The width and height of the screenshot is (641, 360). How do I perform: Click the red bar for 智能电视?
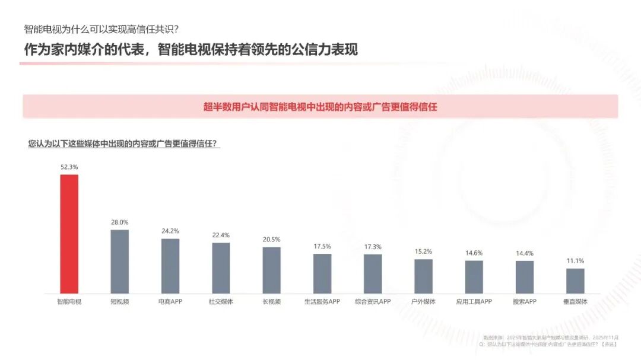[69, 234]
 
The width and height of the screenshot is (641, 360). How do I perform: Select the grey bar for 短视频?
[120, 262]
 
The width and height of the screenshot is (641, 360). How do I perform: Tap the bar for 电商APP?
[170, 266]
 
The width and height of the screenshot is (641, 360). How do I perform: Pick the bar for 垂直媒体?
[575, 281]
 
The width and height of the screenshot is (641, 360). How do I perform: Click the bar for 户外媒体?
[423, 276]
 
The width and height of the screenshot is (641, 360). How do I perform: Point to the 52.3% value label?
[69, 167]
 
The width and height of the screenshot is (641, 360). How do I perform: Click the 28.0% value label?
[120, 222]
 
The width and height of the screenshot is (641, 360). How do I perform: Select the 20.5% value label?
[271, 240]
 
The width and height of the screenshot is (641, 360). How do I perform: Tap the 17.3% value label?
[373, 247]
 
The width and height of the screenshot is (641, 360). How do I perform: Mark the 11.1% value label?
[575, 261]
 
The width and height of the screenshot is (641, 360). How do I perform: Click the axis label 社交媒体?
[221, 301]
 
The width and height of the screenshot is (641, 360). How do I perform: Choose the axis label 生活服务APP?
[322, 301]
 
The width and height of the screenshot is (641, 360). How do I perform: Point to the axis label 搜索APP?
[525, 301]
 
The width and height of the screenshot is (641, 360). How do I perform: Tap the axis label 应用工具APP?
[474, 301]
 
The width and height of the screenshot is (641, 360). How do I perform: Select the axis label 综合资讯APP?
[373, 301]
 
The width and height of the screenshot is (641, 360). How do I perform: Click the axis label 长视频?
[271, 301]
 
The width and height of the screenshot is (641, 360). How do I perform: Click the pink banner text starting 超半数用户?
[320, 107]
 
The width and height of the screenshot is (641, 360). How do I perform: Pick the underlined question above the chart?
[123, 144]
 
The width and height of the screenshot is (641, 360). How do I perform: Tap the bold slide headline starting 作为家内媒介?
[191, 49]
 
